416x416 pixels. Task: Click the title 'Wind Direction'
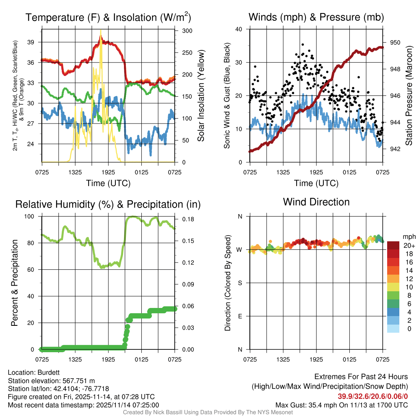(x=316, y=202)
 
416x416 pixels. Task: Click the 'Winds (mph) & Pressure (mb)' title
(x=316, y=17)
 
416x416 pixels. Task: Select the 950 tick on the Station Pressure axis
(x=395, y=42)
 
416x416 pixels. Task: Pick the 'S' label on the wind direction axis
(x=240, y=283)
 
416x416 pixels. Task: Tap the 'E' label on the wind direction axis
(x=240, y=316)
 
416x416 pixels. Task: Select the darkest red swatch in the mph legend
(x=393, y=245)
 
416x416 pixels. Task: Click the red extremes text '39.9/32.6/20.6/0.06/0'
(x=373, y=396)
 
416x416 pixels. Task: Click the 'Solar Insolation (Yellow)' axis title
(x=201, y=95)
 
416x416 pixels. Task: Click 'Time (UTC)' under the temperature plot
(x=108, y=183)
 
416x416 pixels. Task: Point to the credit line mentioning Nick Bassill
(x=208, y=412)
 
